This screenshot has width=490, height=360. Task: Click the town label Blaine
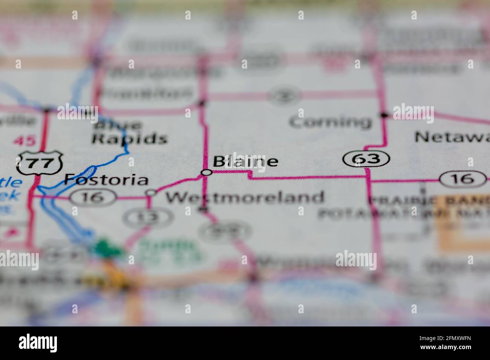pyautogui.click(x=245, y=161)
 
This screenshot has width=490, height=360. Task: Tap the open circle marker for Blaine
pyautogui.click(x=207, y=172)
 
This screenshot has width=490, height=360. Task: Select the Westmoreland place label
pyautogui.click(x=245, y=197)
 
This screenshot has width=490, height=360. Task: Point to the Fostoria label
pyautogui.click(x=106, y=180)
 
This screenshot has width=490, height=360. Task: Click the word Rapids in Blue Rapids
pyautogui.click(x=130, y=139)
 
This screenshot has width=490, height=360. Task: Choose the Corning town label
pyautogui.click(x=330, y=122)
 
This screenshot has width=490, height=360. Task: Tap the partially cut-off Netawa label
pyautogui.click(x=452, y=137)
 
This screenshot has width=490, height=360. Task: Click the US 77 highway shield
pyautogui.click(x=39, y=162)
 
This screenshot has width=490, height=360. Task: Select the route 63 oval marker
pyautogui.click(x=366, y=159)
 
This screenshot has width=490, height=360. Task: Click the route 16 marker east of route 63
pyautogui.click(x=462, y=178)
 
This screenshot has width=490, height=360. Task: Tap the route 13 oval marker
pyautogui.click(x=149, y=217)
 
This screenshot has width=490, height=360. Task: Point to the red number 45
pyautogui.click(x=24, y=142)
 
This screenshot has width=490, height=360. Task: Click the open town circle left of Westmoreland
pyautogui.click(x=151, y=193)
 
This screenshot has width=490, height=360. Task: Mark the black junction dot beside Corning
pyautogui.click(x=384, y=115)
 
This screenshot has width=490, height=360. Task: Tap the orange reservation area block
pyautogui.click(x=464, y=226)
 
